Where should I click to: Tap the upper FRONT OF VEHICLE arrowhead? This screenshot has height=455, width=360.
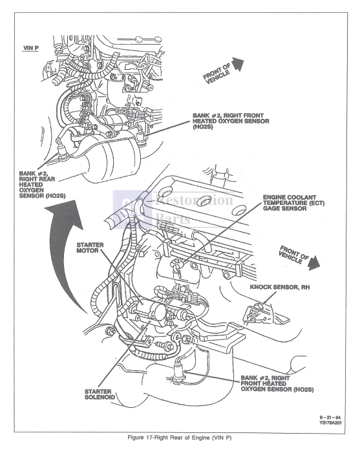tap(237, 63)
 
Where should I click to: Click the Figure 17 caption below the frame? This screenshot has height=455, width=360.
tap(180, 439)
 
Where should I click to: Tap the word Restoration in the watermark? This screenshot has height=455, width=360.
tap(195, 200)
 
